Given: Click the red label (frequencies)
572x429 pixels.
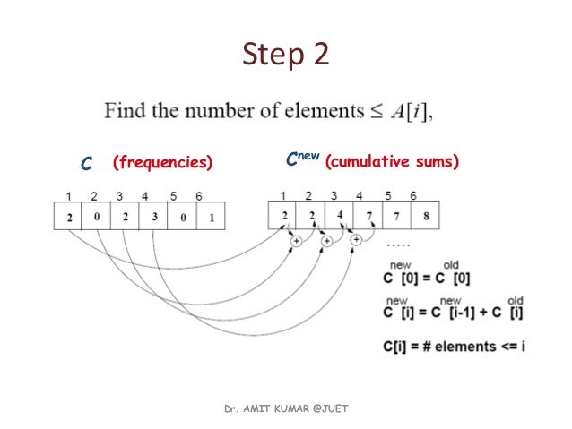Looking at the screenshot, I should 162,163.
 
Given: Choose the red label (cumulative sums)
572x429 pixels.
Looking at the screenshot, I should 392,162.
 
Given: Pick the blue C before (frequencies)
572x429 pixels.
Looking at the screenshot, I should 87,164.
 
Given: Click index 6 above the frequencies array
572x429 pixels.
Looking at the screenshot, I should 198,196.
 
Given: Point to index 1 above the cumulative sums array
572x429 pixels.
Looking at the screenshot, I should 282,195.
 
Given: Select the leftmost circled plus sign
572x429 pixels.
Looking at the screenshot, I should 296,240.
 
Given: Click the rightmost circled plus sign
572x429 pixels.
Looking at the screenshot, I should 356,240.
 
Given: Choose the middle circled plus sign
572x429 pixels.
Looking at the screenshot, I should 326,240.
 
